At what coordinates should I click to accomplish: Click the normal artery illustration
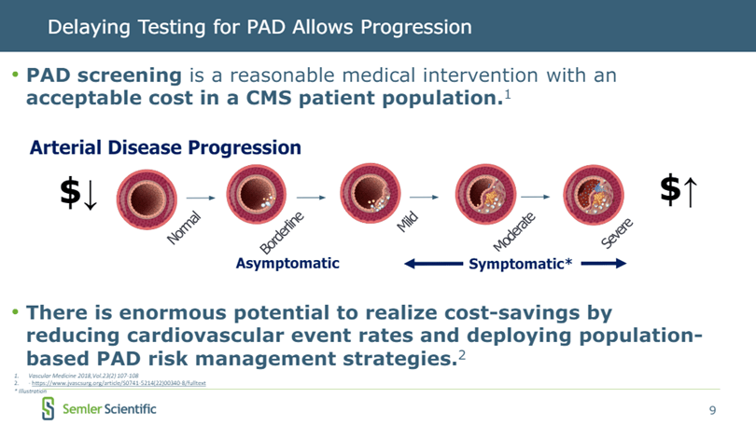coord(146,198)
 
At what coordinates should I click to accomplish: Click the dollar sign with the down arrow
coord(77,193)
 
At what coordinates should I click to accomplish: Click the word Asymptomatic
coord(287,264)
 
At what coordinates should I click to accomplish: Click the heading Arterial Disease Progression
coord(165,147)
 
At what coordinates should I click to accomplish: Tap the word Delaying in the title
coord(85,27)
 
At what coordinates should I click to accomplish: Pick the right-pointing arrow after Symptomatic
coord(602,264)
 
